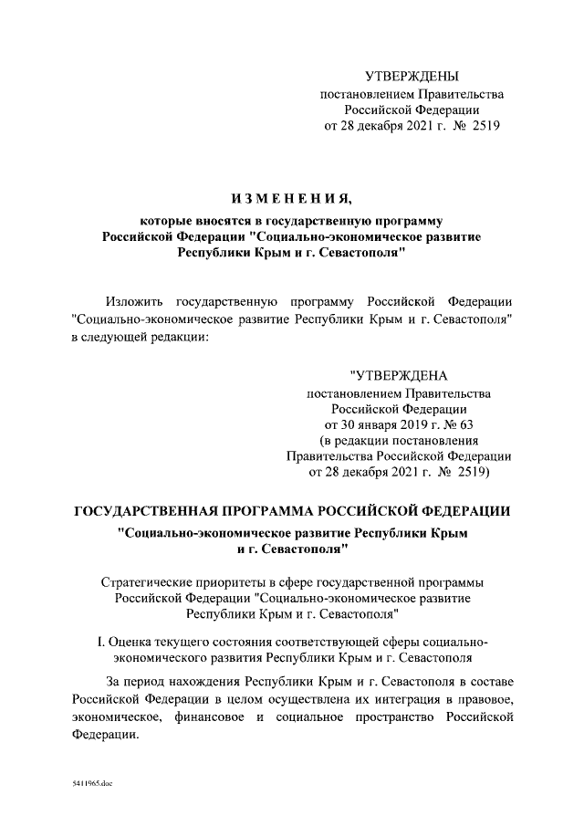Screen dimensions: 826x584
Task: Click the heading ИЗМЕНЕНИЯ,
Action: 291,200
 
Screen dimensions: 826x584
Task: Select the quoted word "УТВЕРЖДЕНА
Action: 399,375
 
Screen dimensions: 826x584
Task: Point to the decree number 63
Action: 468,424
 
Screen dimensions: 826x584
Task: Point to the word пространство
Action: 383,717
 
